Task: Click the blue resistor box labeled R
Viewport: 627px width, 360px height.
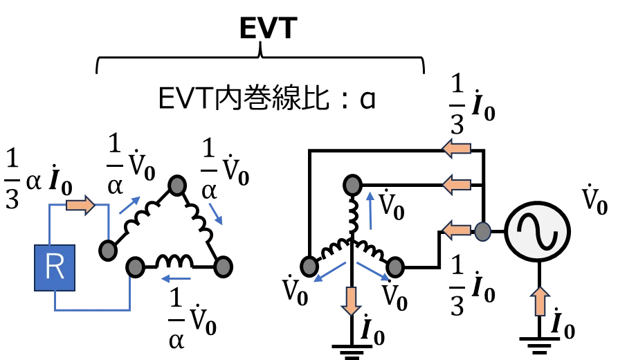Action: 55,268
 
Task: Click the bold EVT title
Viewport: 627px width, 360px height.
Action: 269,28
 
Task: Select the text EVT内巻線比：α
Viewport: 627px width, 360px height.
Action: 266,98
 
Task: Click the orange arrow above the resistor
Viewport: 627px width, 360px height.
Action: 80,205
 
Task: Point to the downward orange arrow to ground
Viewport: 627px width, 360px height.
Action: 351,300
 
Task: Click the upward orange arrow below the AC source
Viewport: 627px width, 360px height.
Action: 540,302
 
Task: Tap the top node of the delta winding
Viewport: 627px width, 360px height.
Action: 177,186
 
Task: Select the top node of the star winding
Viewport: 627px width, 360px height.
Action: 352,185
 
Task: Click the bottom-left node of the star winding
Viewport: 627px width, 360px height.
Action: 309,267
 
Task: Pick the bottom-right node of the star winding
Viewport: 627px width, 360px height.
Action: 395,267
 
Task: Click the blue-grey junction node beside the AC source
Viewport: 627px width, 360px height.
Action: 482,231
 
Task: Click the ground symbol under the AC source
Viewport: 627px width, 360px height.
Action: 539,345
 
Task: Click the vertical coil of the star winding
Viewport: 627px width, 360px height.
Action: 353,215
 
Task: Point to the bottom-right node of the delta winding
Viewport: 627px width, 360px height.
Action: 223,267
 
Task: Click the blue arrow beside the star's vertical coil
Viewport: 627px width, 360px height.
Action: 371,210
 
